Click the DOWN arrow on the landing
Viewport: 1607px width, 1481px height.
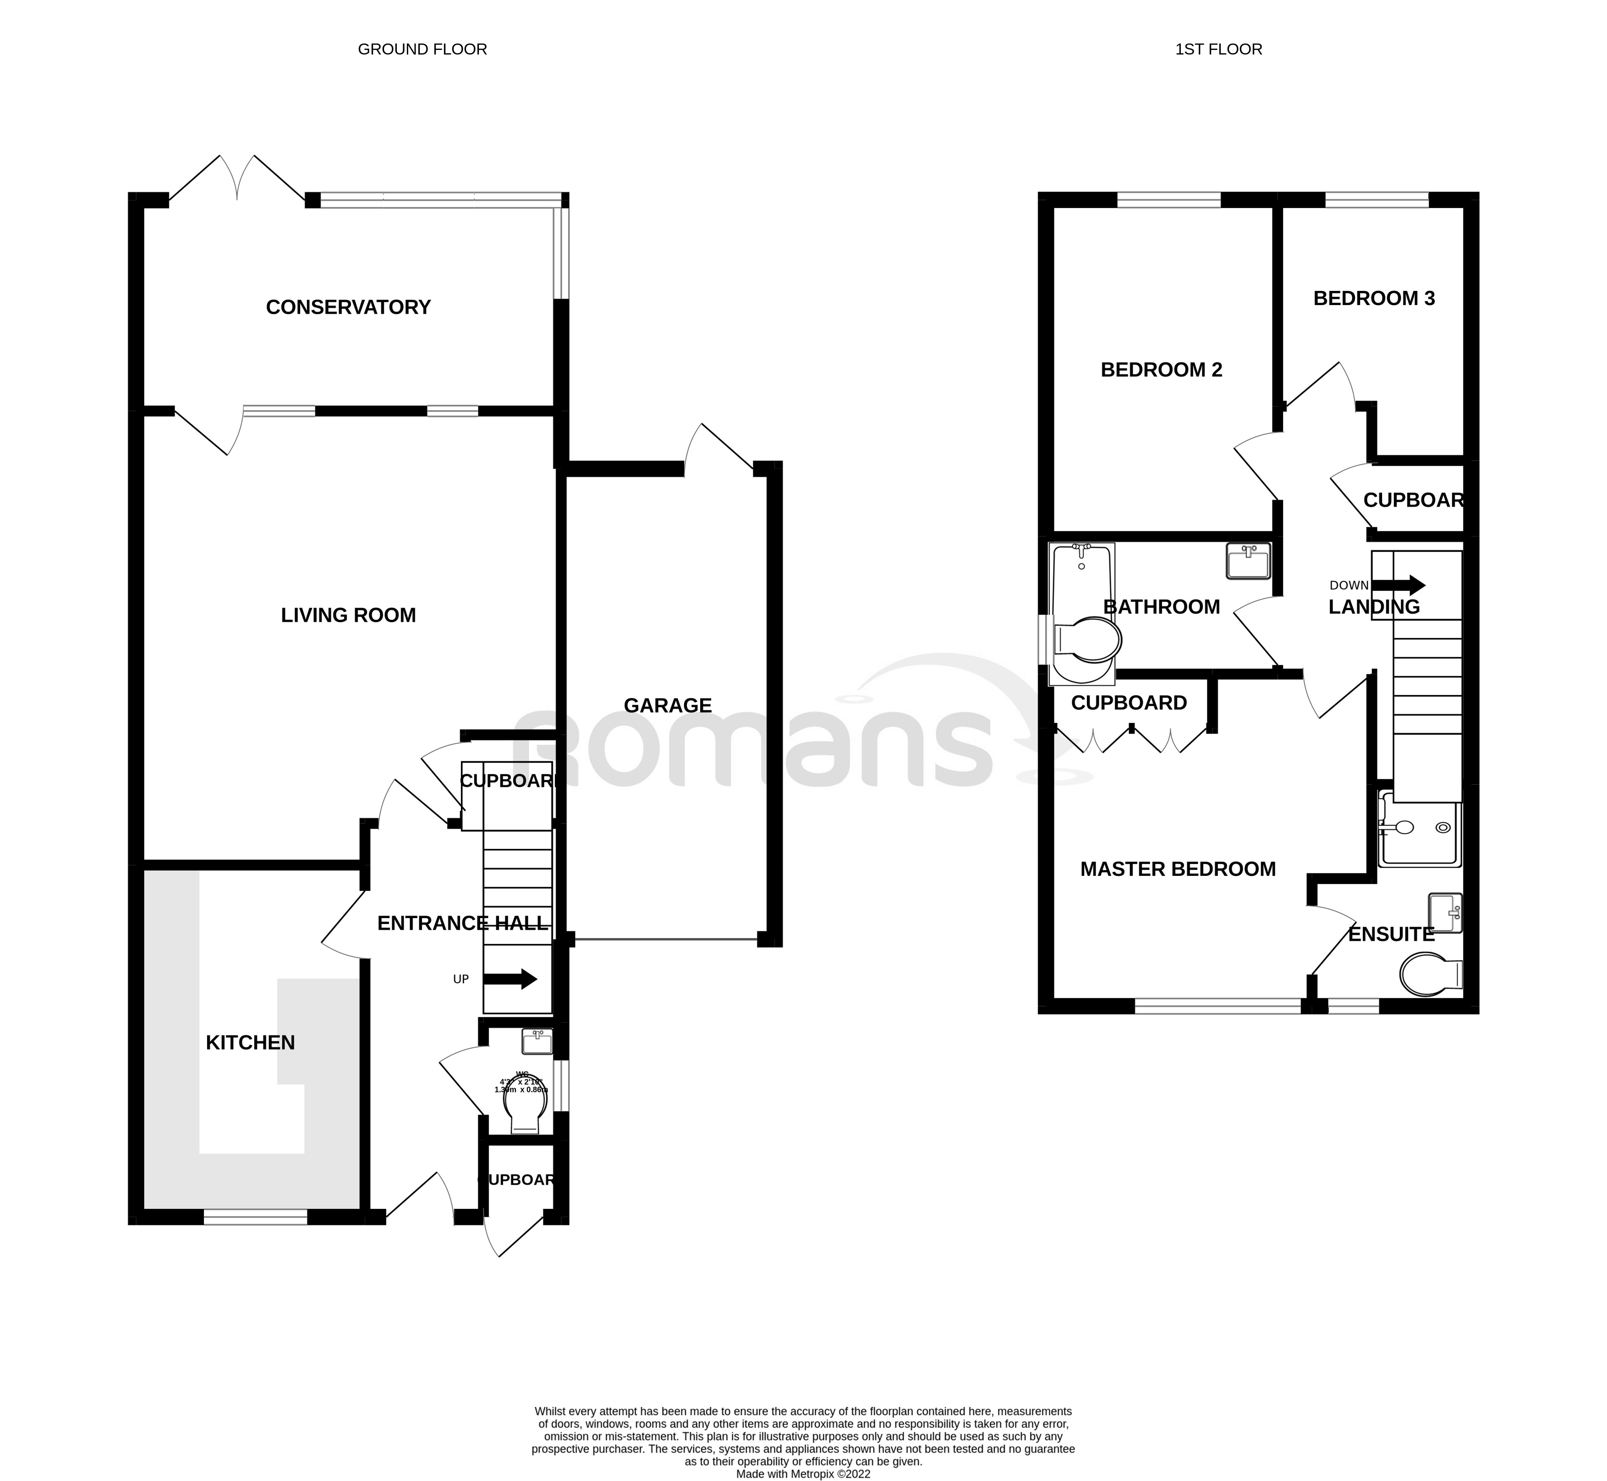pos(1408,584)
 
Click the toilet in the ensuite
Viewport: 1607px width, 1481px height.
pos(1431,974)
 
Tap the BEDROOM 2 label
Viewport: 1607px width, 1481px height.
pos(1161,370)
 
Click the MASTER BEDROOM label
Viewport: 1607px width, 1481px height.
pos(1177,869)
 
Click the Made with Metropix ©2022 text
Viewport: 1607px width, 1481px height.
pos(802,1473)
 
